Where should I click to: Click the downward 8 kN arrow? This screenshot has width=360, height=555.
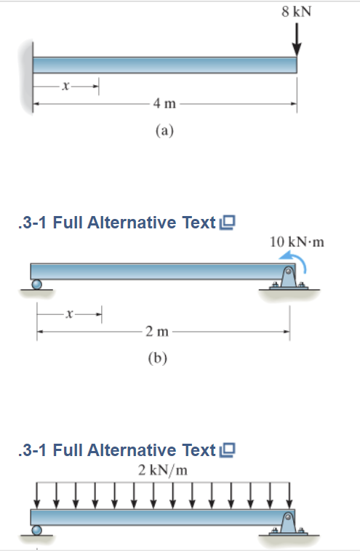pos(296,39)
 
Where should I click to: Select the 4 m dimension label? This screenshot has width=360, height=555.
pos(164,103)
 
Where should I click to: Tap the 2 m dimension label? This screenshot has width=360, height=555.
pos(156,332)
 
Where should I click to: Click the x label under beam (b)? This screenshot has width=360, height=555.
pos(68,314)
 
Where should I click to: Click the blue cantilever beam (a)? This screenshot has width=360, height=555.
pos(164,64)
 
